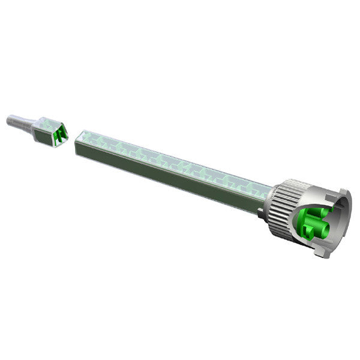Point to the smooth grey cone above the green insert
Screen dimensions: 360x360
312,198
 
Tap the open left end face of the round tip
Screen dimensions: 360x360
8,121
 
